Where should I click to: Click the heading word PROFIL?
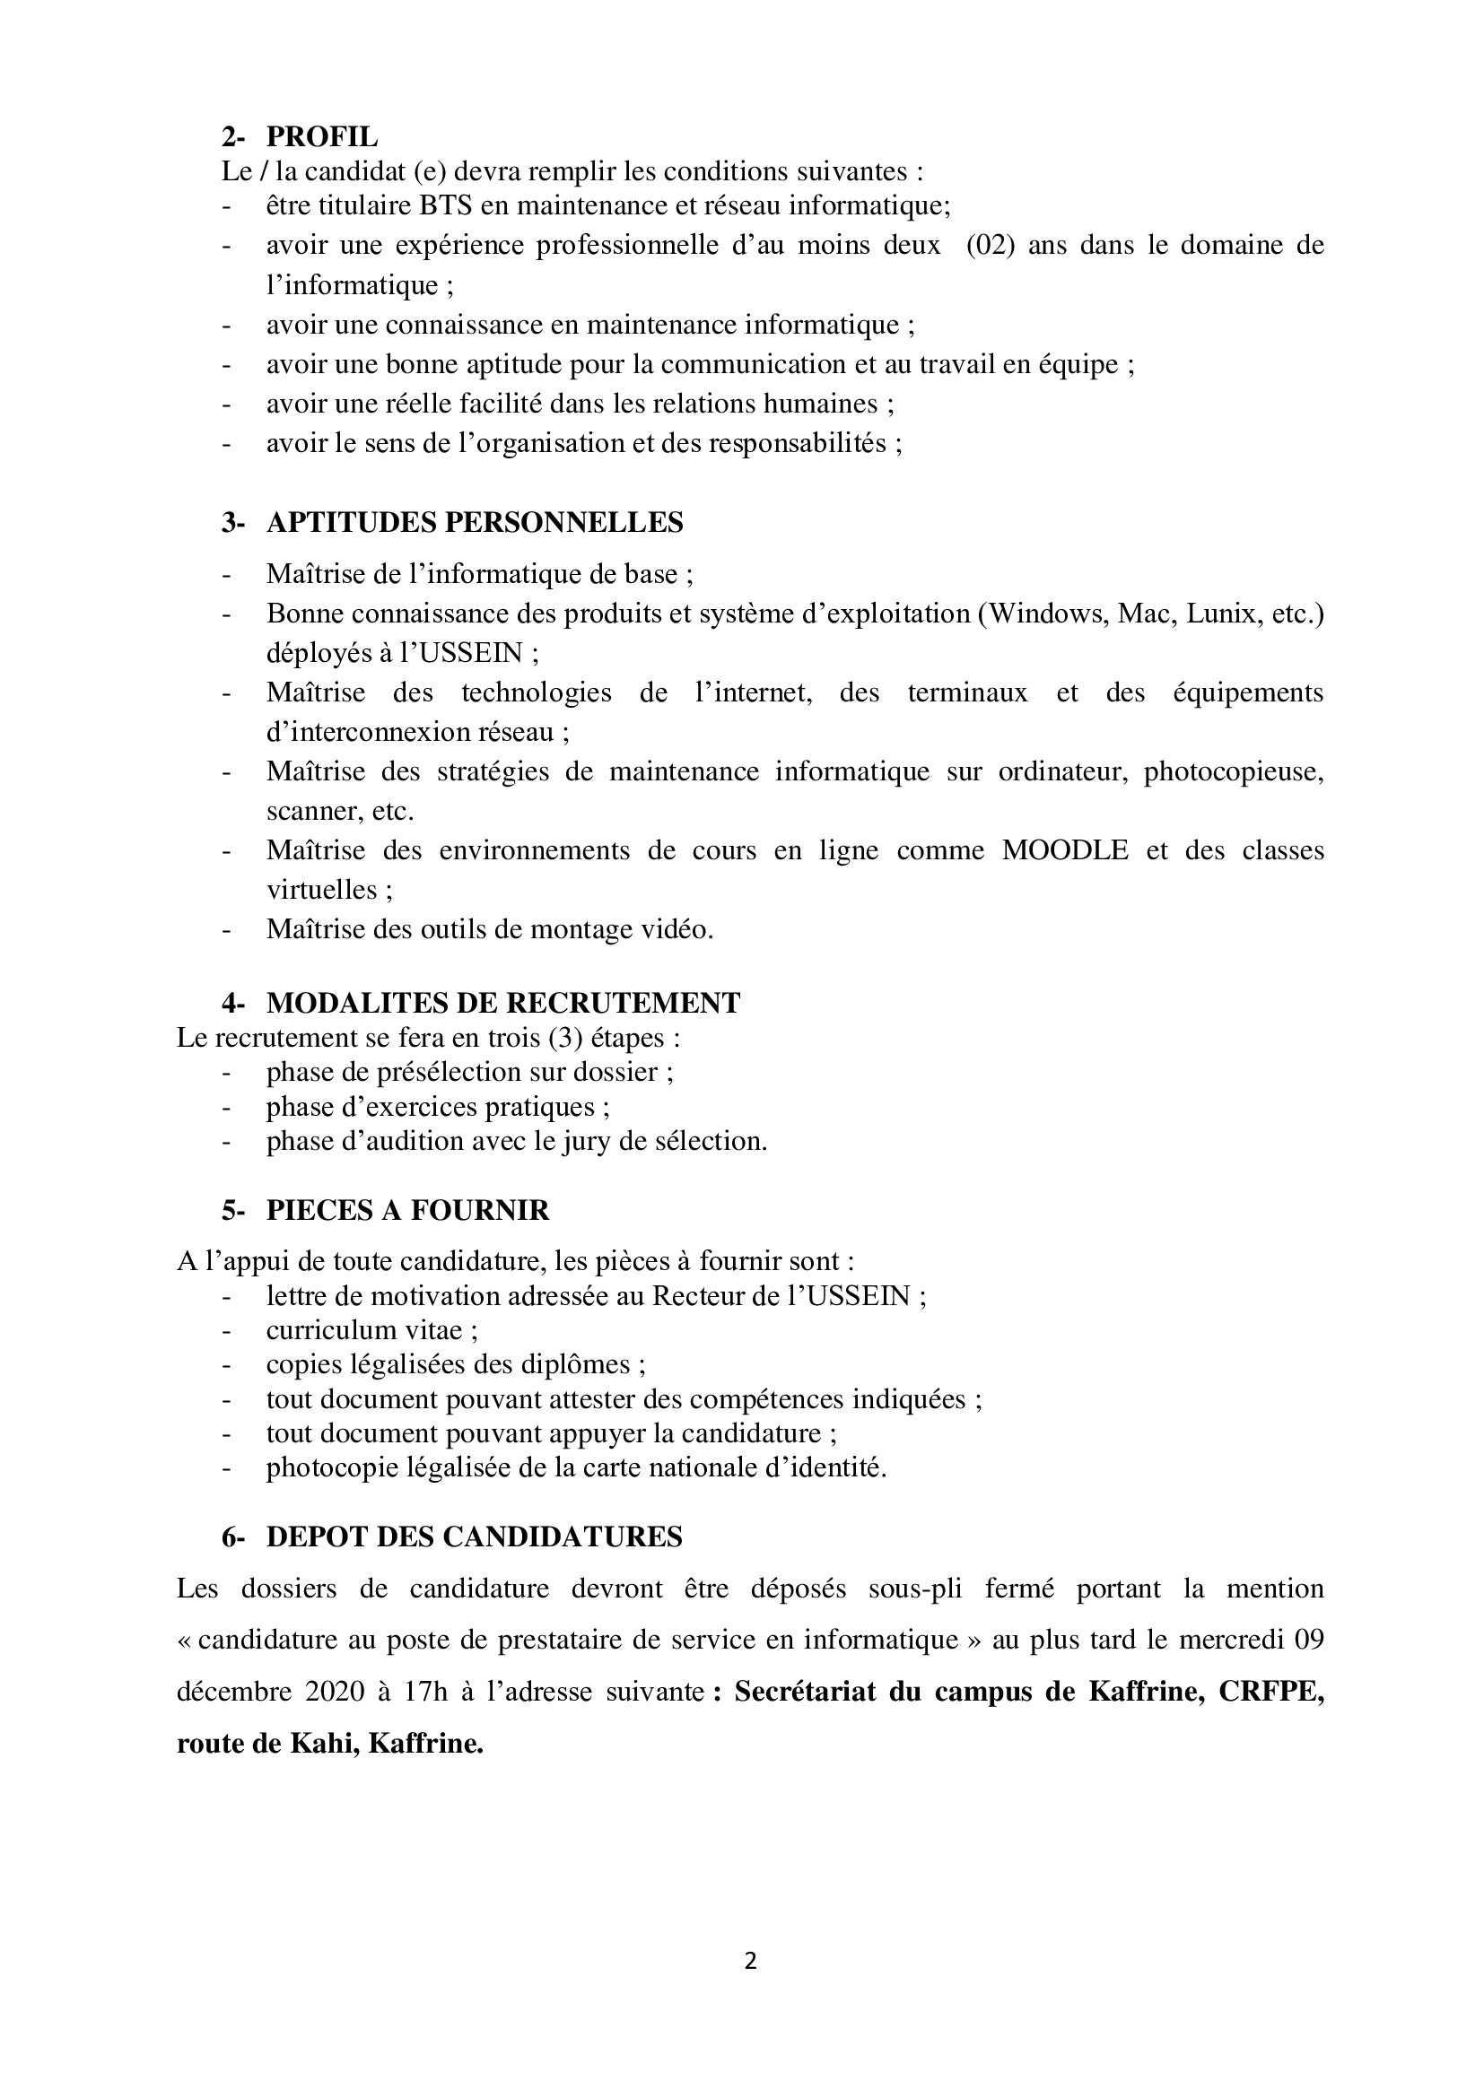(322, 136)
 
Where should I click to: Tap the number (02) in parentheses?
(991, 245)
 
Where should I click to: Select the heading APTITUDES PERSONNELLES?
(475, 523)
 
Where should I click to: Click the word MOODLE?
(1065, 849)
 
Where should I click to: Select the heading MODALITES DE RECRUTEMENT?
(502, 1004)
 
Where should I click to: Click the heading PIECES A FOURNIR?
(407, 1211)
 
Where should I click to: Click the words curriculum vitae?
(371, 1330)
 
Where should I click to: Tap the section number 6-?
(233, 1538)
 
